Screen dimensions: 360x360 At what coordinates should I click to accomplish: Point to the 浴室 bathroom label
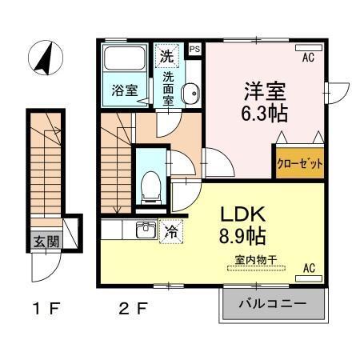124,90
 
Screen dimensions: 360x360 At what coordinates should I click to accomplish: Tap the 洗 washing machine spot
166,55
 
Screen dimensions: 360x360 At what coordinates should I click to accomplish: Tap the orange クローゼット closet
301,162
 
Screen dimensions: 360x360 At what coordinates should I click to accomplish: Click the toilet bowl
150,186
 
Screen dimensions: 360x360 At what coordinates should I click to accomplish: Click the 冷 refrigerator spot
170,230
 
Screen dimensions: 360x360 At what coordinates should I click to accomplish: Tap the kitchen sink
146,231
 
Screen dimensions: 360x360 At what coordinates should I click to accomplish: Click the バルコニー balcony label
272,305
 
